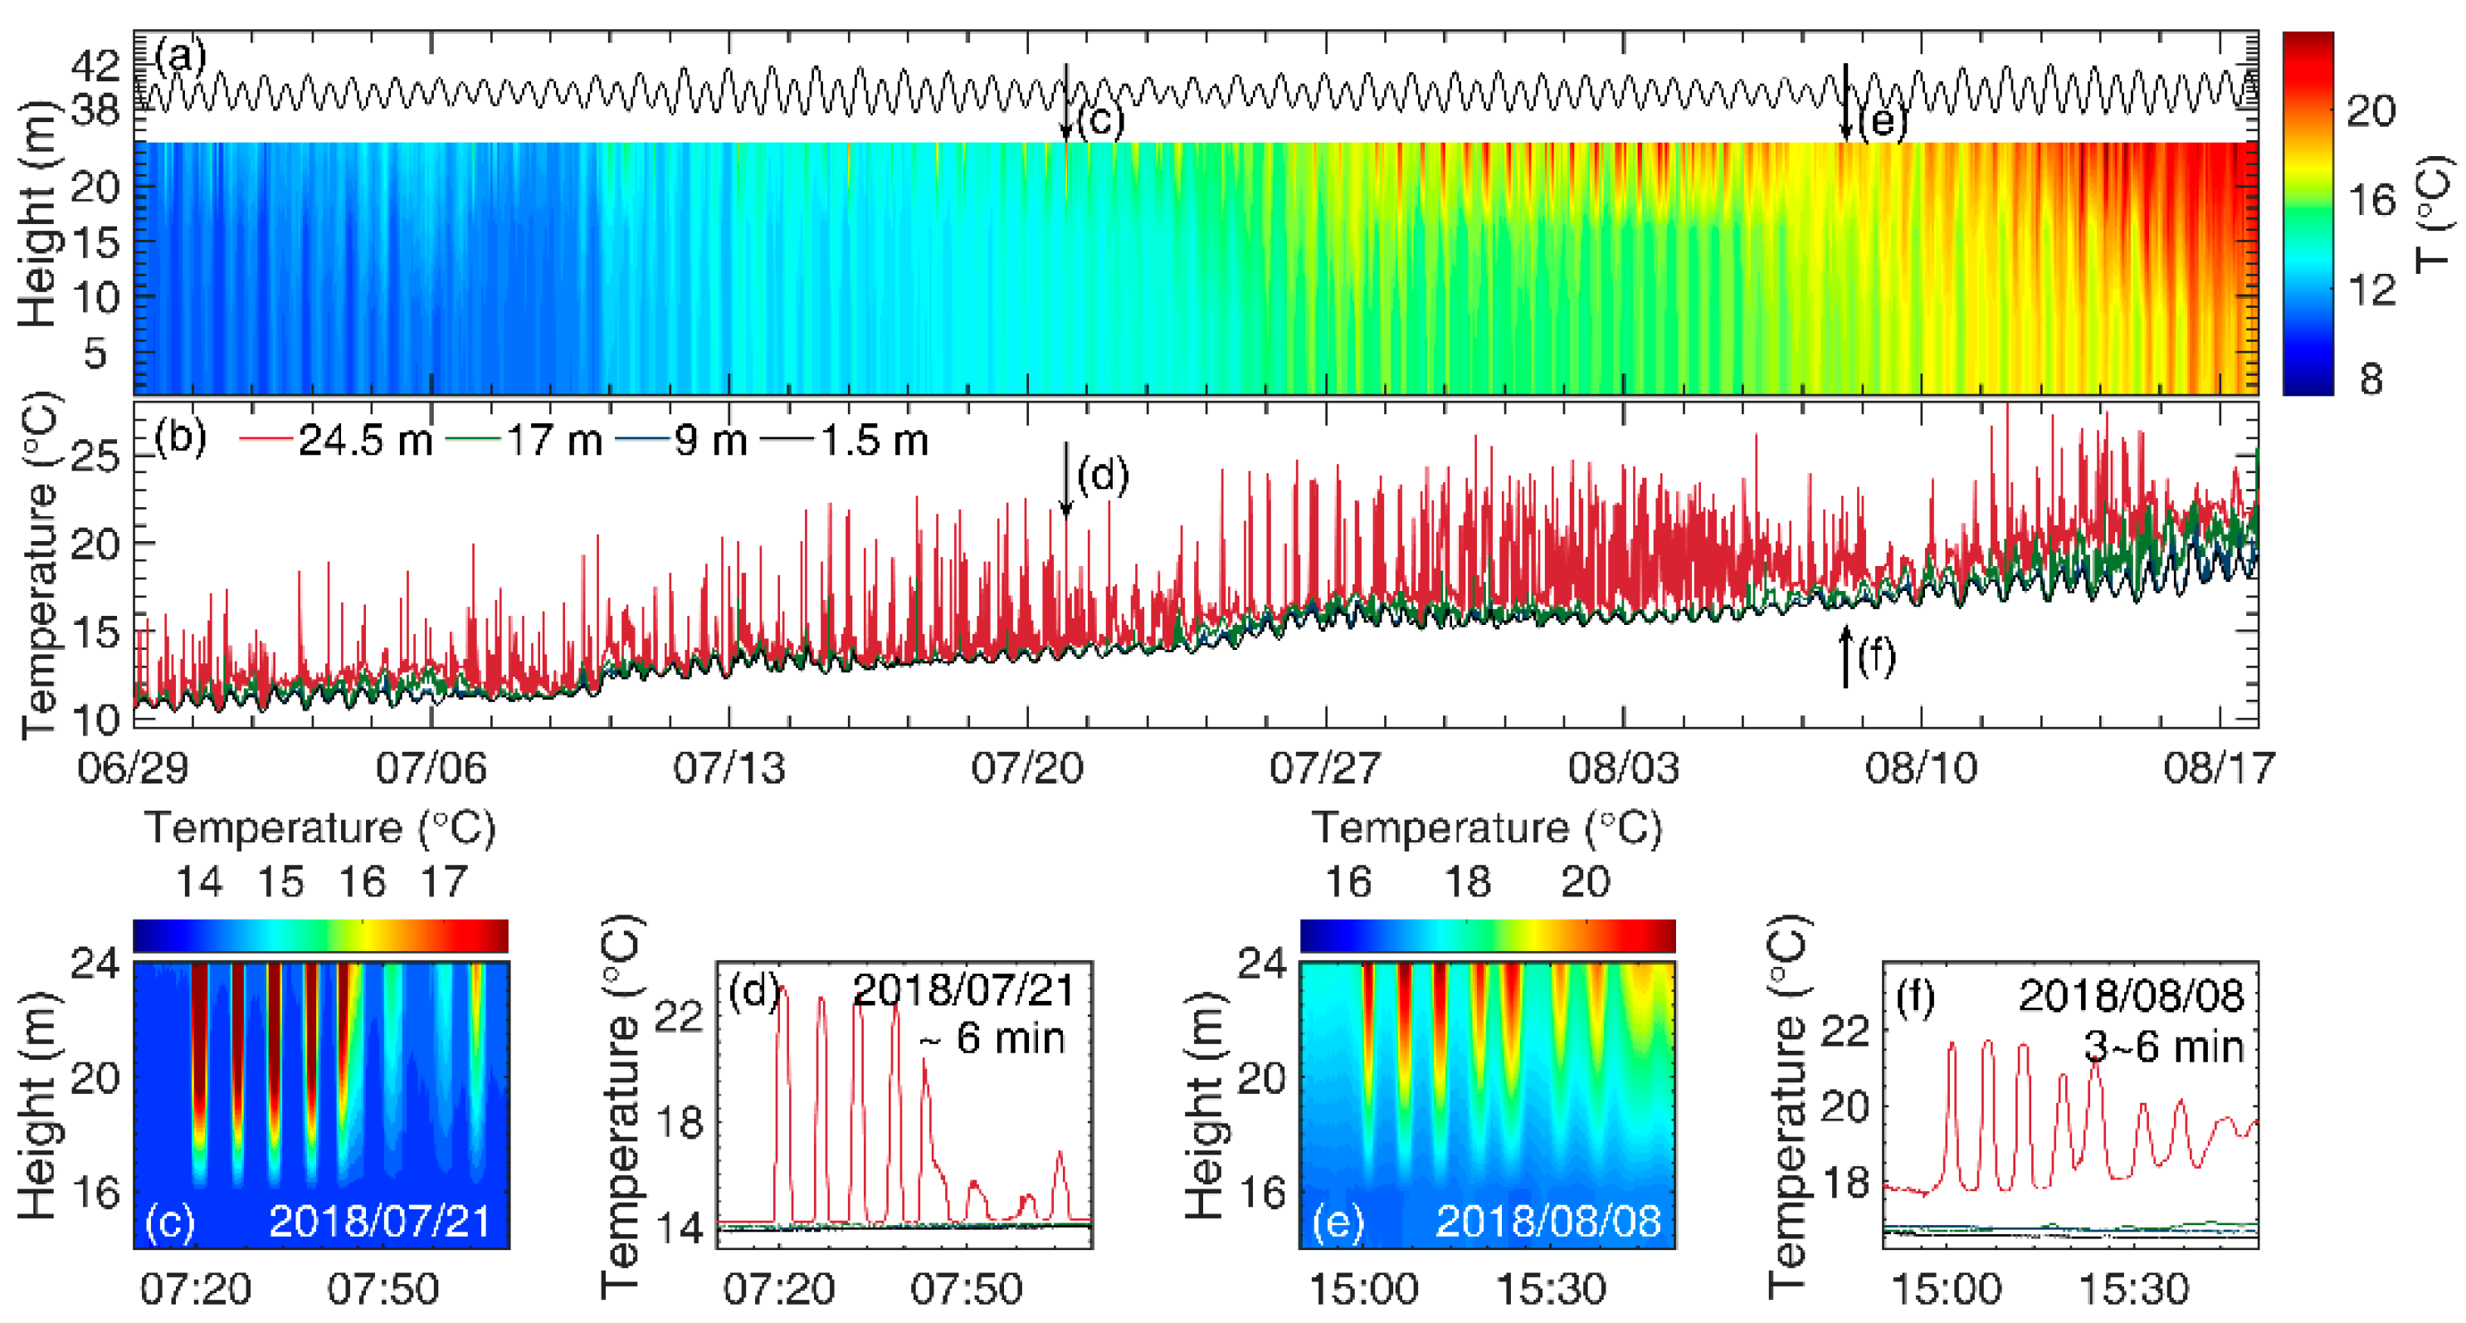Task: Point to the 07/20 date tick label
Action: (x=1027, y=769)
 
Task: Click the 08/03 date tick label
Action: (x=1623, y=769)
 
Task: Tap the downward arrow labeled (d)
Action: (x=1065, y=479)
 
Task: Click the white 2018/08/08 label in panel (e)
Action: (x=1548, y=1222)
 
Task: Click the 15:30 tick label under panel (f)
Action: (x=2134, y=1290)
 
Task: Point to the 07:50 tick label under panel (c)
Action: (x=383, y=1290)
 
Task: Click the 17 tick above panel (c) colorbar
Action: (x=443, y=881)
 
